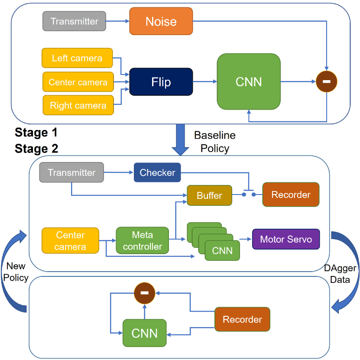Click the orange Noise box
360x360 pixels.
click(x=161, y=21)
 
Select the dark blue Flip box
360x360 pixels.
click(x=161, y=82)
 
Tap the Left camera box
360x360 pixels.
click(x=77, y=58)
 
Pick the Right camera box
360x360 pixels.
click(x=78, y=105)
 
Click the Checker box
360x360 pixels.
click(x=157, y=172)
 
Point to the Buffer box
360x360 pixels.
click(x=209, y=195)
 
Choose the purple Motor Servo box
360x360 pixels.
click(x=286, y=239)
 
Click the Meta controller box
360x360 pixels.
click(x=143, y=240)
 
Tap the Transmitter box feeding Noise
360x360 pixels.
click(x=74, y=21)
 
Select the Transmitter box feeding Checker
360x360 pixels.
click(x=71, y=172)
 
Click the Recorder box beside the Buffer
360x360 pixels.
click(x=291, y=195)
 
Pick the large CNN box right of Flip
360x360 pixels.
click(x=249, y=81)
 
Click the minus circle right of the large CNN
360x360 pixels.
click(x=327, y=81)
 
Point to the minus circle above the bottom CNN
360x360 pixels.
click(x=144, y=293)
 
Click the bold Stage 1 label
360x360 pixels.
click(x=36, y=133)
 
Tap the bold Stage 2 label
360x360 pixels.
click(x=36, y=149)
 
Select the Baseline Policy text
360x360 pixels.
click(x=215, y=142)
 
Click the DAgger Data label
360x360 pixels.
click(x=340, y=274)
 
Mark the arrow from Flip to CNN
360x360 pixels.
click(x=205, y=81)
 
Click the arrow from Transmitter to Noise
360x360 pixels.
click(x=117, y=21)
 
